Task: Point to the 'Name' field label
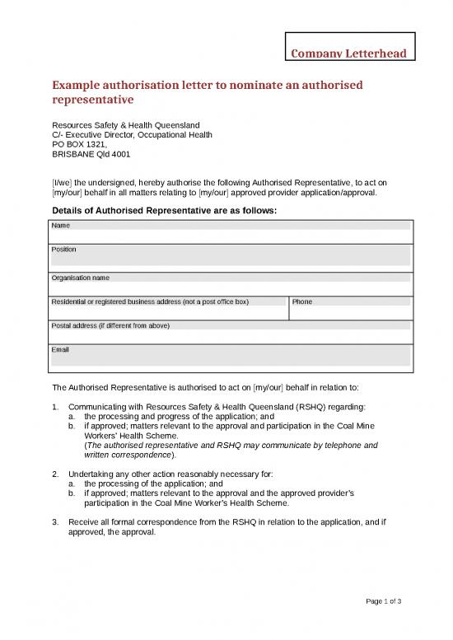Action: pos(60,226)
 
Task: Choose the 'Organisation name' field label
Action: pos(80,278)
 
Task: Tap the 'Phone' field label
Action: pos(302,302)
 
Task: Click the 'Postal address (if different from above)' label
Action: pos(110,326)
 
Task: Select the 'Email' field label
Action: pos(60,349)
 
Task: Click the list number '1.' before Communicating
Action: pos(55,407)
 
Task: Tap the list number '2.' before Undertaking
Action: pos(55,474)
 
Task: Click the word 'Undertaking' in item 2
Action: pos(95,474)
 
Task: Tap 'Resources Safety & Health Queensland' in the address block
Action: pos(126,124)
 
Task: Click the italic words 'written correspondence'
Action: pos(128,454)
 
